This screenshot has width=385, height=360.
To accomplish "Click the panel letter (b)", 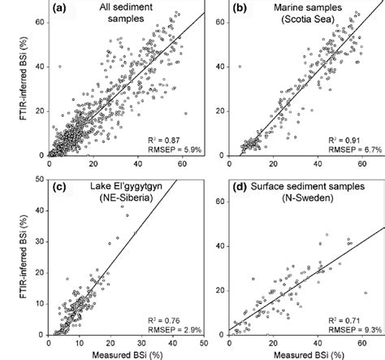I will [x=244, y=9].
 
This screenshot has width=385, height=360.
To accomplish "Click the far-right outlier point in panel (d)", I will [x=366, y=293].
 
